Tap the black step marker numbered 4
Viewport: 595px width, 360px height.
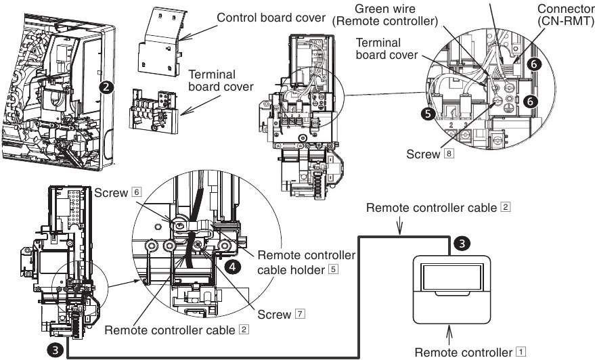[233, 267]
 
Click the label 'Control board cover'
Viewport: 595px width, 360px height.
[269, 16]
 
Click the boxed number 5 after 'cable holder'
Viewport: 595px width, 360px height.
[332, 269]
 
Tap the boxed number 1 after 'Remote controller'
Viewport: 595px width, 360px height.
[520, 351]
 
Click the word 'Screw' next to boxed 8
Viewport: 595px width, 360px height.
[423, 154]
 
